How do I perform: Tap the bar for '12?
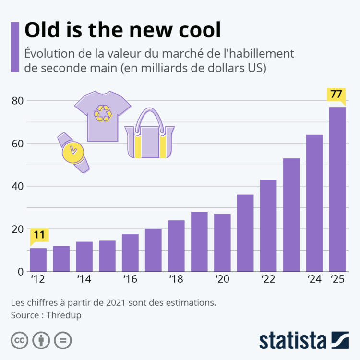point(38,259)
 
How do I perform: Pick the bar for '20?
point(222,242)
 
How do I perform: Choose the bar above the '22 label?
point(268,226)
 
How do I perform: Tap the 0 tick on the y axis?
point(20,272)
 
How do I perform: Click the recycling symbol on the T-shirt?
point(102,113)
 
